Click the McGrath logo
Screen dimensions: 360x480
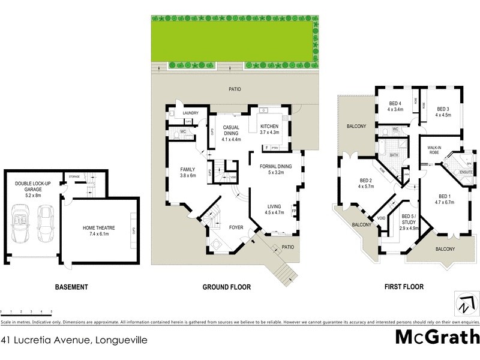437,337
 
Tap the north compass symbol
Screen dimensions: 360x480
464,302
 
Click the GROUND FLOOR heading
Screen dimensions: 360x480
226,287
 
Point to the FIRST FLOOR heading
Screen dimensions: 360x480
404,287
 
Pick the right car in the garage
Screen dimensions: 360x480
46,222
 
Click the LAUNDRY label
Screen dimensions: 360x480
191,113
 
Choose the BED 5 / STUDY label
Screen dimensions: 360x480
409,220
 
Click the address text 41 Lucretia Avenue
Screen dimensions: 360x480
74,340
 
